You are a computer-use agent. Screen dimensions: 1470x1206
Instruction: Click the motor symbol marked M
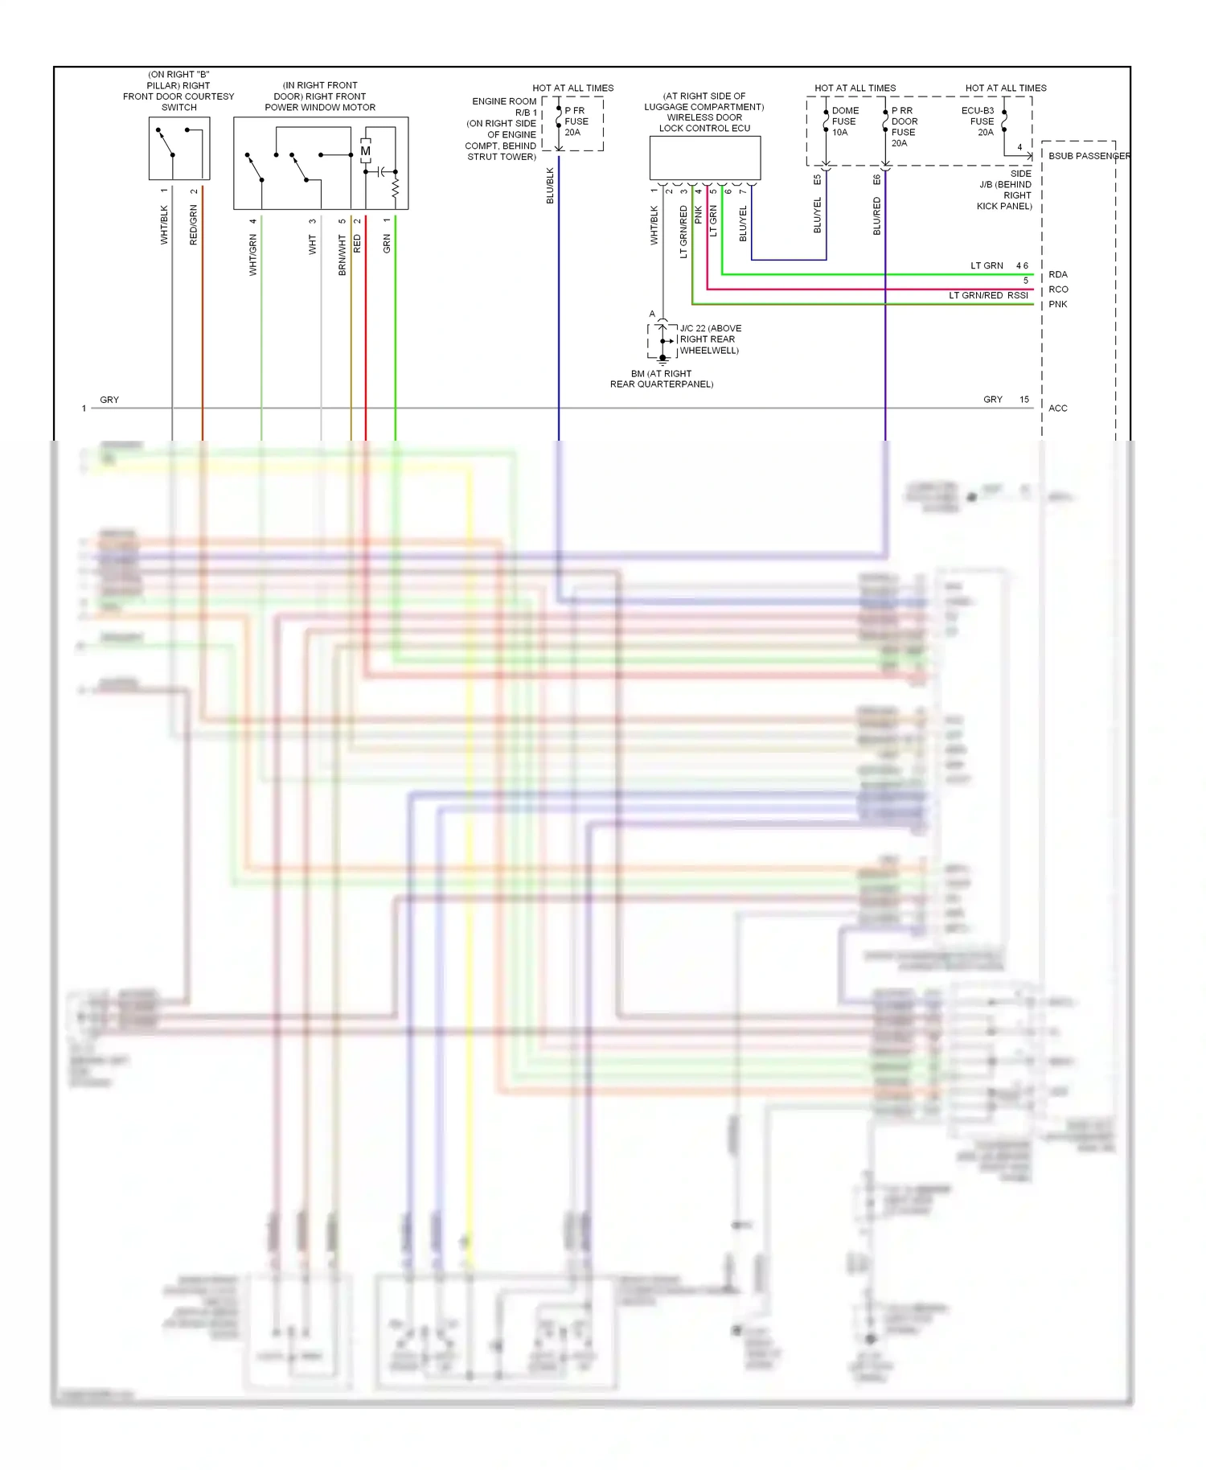[x=366, y=151]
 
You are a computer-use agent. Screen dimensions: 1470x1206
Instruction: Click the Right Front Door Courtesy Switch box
[x=178, y=148]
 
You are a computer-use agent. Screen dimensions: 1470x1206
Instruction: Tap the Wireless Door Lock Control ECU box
[x=704, y=158]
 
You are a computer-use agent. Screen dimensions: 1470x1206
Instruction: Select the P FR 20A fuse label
[x=576, y=121]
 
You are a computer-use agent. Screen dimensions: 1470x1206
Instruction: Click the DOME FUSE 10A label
[x=844, y=121]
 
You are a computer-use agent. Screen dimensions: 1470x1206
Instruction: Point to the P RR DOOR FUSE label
[x=904, y=126]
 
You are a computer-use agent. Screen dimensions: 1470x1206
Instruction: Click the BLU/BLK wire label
[x=551, y=186]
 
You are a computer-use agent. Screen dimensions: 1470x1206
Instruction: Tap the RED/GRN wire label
[x=193, y=225]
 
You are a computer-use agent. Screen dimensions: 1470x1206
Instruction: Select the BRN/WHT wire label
[x=342, y=256]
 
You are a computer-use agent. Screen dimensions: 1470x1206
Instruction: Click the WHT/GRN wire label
[x=252, y=256]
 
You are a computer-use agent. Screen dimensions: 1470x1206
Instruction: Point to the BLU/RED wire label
[x=876, y=216]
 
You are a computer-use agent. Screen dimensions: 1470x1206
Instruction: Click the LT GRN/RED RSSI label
[x=988, y=295]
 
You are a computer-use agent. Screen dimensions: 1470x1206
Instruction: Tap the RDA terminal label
[x=1058, y=275]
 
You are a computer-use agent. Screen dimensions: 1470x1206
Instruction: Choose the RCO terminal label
[x=1058, y=289]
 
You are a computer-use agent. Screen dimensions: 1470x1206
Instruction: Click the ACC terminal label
[x=1058, y=409]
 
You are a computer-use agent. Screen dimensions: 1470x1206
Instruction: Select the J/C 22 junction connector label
[x=709, y=339]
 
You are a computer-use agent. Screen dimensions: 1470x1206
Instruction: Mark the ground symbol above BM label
[x=662, y=361]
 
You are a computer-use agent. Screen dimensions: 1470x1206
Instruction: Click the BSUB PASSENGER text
[x=1089, y=156]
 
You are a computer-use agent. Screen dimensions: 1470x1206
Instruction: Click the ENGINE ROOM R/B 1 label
[x=504, y=107]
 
